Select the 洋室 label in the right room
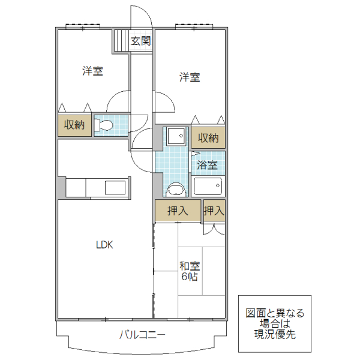pyautogui.click(x=190, y=77)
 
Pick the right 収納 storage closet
pyautogui.click(x=208, y=138)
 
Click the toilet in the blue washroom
pyautogui.click(x=175, y=189)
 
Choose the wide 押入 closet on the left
pyautogui.click(x=177, y=211)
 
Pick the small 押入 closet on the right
pyautogui.click(x=214, y=211)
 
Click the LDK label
pyautogui.click(x=104, y=245)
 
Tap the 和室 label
pyautogui.click(x=190, y=265)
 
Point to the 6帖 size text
pyautogui.click(x=190, y=277)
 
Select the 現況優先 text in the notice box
pyautogui.click(x=275, y=334)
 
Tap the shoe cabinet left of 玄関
pyautogui.click(x=121, y=42)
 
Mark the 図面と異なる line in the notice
pyautogui.click(x=275, y=313)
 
